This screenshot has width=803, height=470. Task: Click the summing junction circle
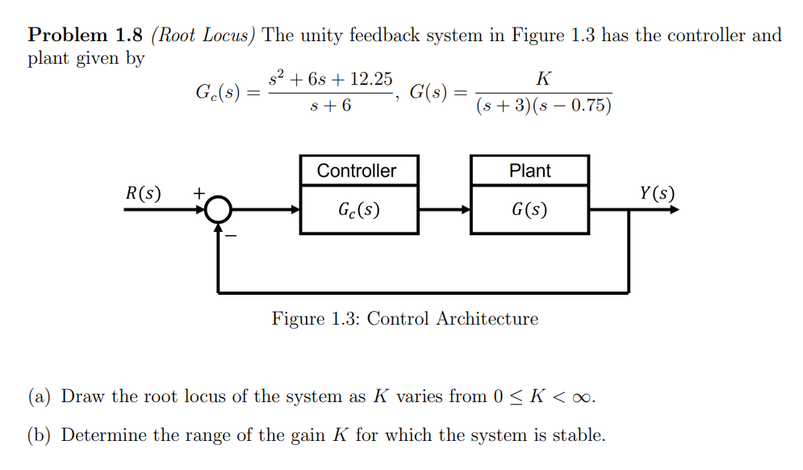pos(217,211)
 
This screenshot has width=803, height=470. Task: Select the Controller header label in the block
pos(357,171)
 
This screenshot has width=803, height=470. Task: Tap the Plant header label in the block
pos(529,171)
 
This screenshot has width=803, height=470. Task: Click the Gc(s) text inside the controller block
pos(358,211)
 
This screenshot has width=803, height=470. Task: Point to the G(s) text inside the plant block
pos(529,211)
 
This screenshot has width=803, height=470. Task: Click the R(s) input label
pos(144,194)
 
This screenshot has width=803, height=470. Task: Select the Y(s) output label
pos(656,194)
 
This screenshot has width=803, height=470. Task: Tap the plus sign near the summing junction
pos(197,194)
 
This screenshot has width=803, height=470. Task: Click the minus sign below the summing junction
pos(231,237)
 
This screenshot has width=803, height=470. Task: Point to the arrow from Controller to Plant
pos(444,211)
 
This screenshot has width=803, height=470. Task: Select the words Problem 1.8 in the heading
pos(86,36)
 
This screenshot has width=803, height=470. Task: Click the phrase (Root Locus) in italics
pos(203,36)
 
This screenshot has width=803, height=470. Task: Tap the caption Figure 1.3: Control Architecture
pos(404,319)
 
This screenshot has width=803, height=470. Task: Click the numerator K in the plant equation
pos(543,79)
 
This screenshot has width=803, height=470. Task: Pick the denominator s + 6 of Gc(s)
pos(330,107)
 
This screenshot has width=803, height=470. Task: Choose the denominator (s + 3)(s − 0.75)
pos(543,107)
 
